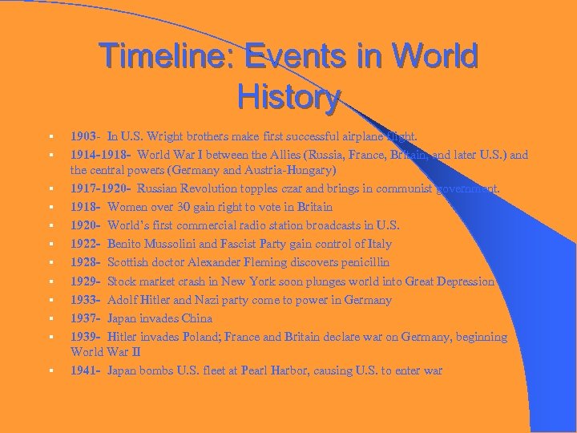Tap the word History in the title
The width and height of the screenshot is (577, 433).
tap(288, 97)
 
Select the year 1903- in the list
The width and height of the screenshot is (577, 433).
tap(86, 136)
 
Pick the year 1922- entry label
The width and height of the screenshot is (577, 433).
tap(86, 244)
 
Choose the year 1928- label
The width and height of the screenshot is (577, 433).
tap(86, 262)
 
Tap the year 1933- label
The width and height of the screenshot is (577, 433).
tap(86, 300)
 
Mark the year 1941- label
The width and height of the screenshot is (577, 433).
tap(86, 370)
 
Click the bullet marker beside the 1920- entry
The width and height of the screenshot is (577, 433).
tap(50, 226)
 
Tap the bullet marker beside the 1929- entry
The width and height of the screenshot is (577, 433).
tap(50, 282)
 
